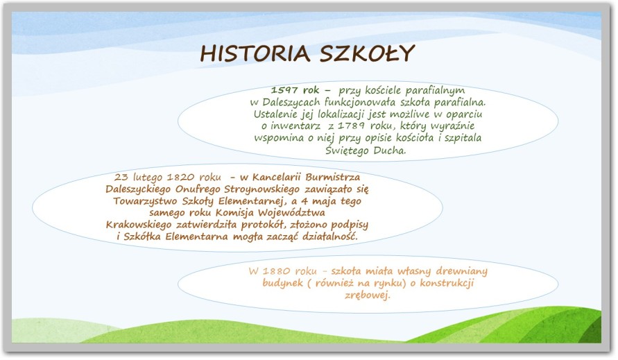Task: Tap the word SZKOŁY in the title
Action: pos(367,53)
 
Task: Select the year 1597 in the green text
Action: pos(284,90)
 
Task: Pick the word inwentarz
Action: pos(295,126)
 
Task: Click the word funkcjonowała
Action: pos(360,103)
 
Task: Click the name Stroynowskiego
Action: pos(261,189)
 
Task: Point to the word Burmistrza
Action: pos(333,177)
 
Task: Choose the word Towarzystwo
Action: pos(146,201)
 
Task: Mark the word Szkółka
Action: pos(142,237)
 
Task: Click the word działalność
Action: pos(330,237)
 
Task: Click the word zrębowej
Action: pos(368,295)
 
